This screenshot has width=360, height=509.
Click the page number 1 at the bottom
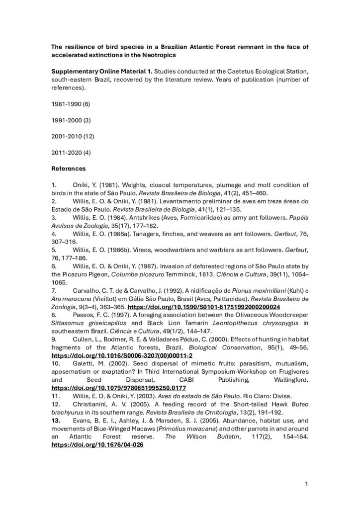point(307,483)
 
